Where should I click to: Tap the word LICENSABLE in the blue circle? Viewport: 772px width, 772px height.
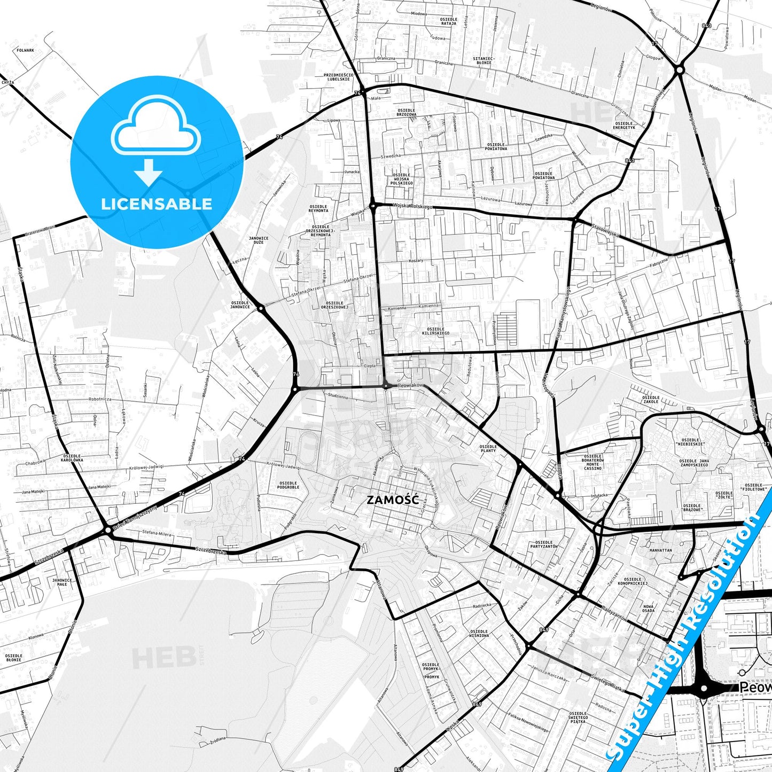[157, 204]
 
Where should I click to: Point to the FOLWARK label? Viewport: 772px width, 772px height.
[26, 50]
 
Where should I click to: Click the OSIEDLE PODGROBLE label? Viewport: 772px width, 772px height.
[288, 485]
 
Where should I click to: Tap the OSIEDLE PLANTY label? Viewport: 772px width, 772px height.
[488, 448]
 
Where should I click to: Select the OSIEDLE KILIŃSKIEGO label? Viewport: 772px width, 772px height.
[435, 331]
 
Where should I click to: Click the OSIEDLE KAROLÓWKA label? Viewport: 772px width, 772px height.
[72, 457]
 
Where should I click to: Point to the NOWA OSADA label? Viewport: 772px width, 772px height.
[648, 608]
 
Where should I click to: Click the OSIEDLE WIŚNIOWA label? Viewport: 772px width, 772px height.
[479, 633]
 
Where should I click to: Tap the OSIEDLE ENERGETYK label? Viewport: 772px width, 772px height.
[624, 125]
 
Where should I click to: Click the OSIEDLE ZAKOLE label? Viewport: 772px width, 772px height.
[650, 399]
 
